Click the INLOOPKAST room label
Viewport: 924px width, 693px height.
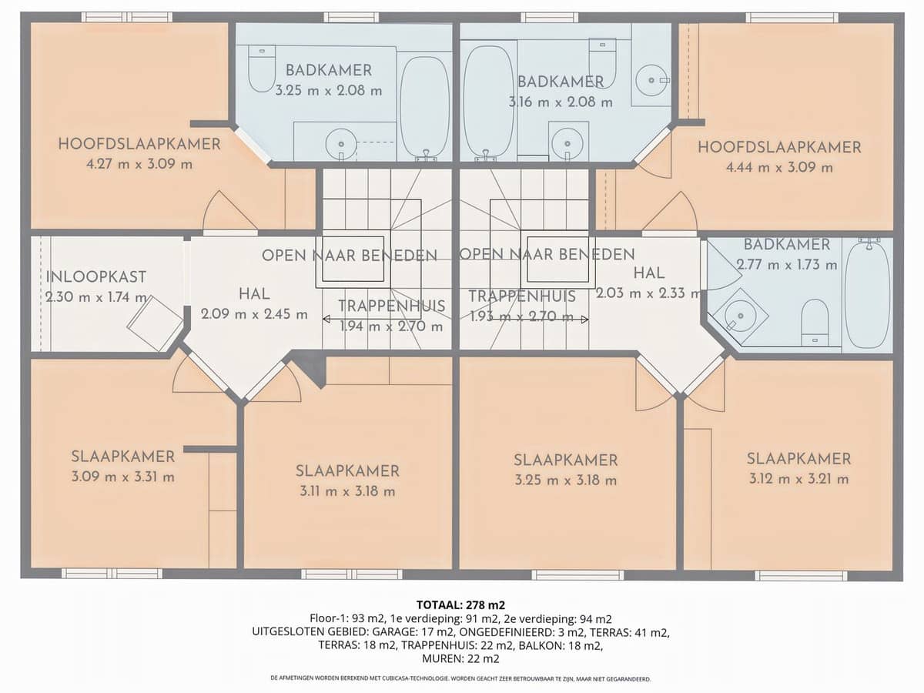[x=96, y=277]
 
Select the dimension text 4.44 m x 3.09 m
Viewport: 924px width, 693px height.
[x=779, y=167]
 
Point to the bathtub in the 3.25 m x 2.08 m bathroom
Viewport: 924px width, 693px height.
[x=425, y=106]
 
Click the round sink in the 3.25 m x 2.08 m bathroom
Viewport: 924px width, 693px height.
[x=340, y=143]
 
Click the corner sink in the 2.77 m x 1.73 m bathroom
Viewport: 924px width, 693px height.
[x=740, y=314]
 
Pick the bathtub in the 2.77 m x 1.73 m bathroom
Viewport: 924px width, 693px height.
[x=867, y=293]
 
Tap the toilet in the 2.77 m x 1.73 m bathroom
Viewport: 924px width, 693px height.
[x=815, y=322]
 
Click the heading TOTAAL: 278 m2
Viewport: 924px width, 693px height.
[x=461, y=604]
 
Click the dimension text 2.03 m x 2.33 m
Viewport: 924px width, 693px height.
[x=648, y=293]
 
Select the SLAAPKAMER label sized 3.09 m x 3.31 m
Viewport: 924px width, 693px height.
[x=123, y=457]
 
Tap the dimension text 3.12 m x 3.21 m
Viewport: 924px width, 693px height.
[x=798, y=479]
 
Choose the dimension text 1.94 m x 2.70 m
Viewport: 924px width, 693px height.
[x=392, y=326]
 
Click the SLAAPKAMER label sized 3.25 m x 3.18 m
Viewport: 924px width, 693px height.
[x=566, y=460]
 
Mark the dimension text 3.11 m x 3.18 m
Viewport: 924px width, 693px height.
[x=347, y=491]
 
